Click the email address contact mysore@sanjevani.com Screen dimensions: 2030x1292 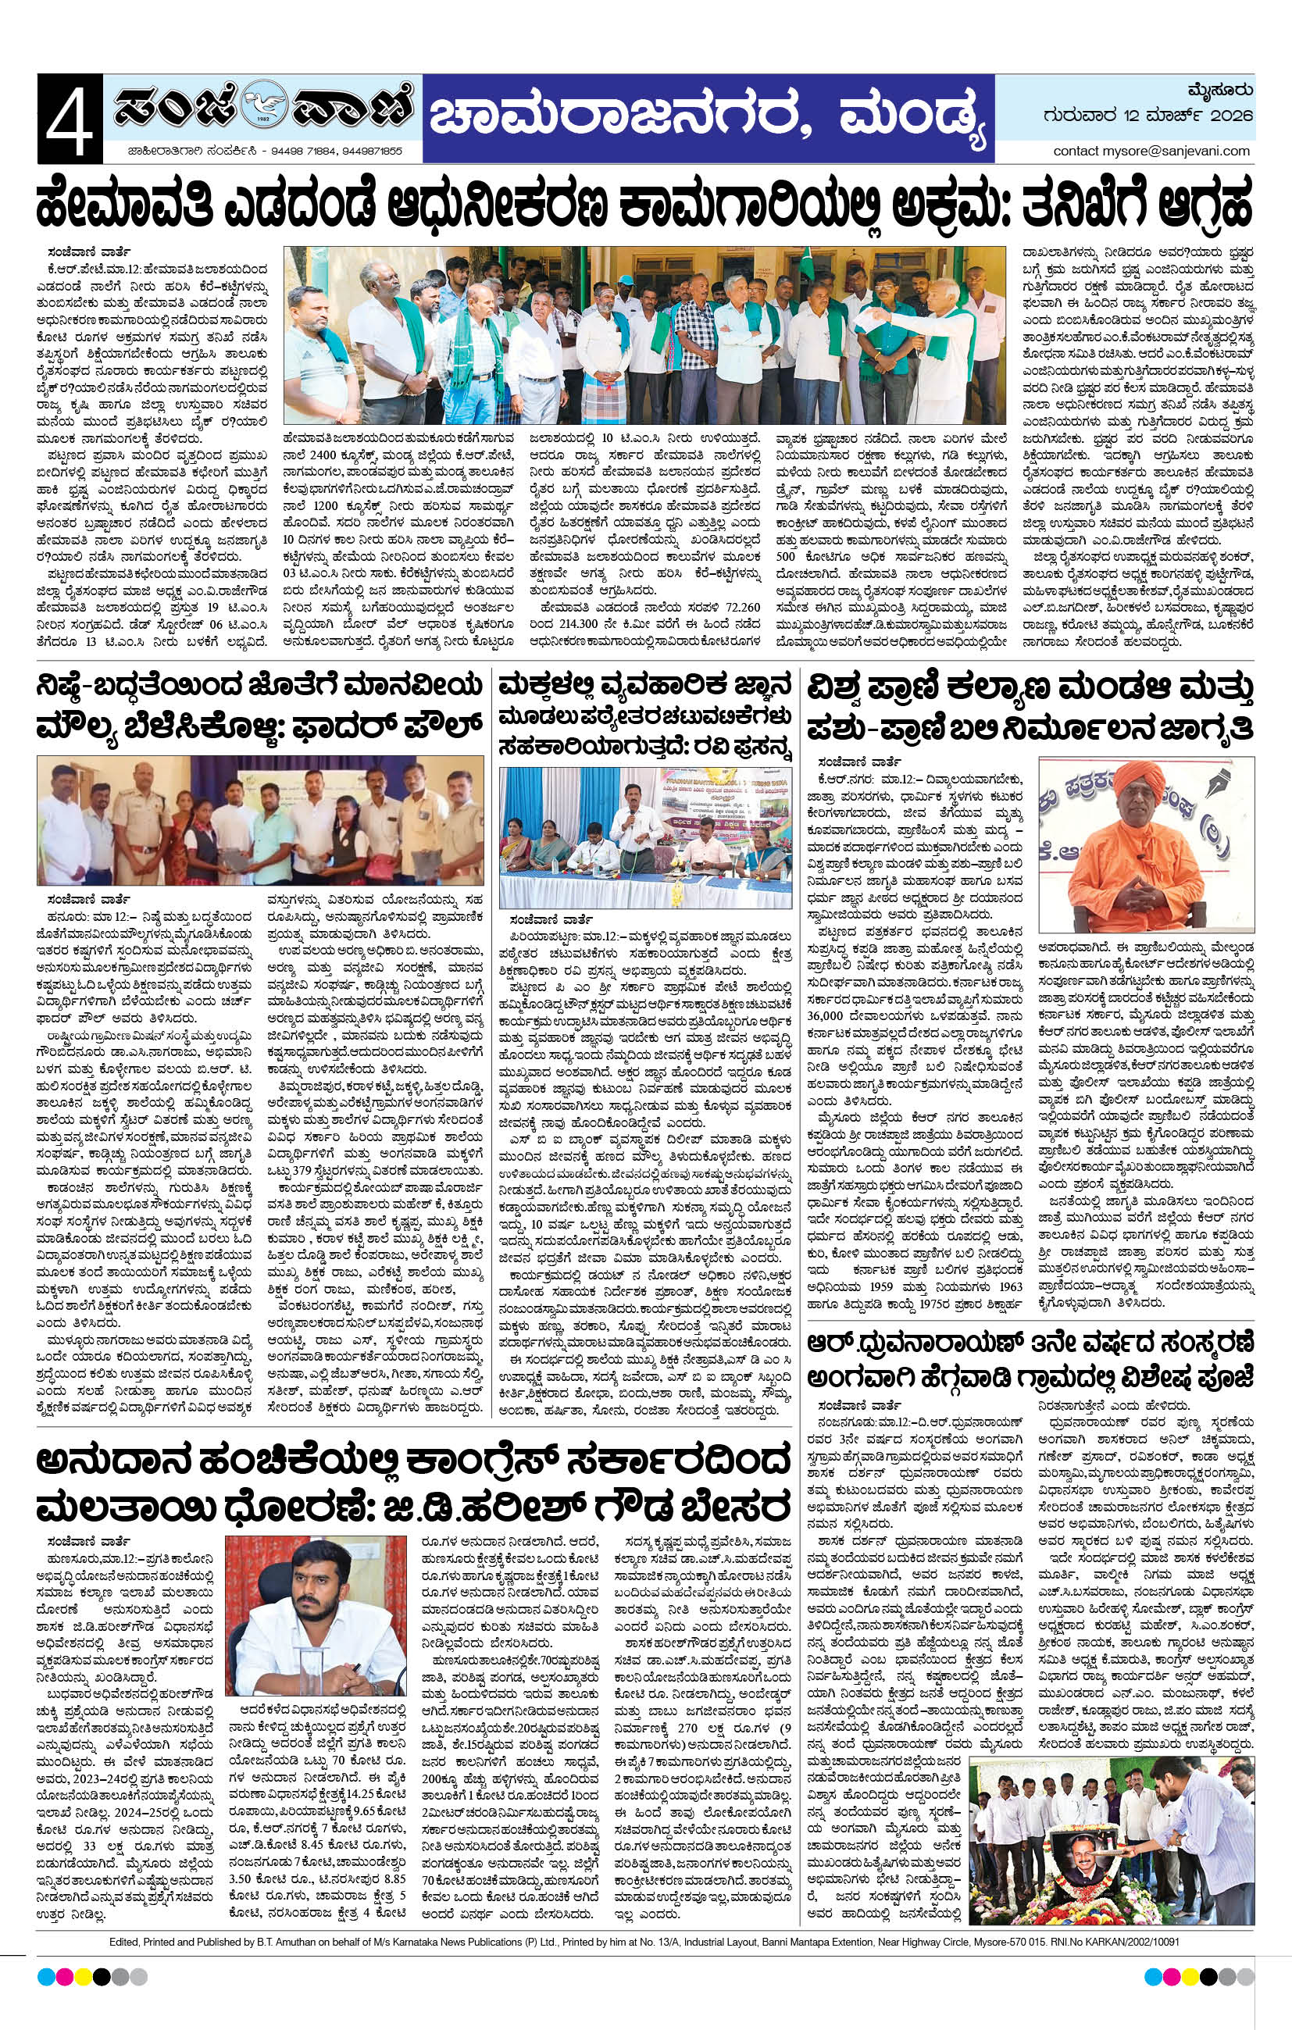[x=1151, y=151]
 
